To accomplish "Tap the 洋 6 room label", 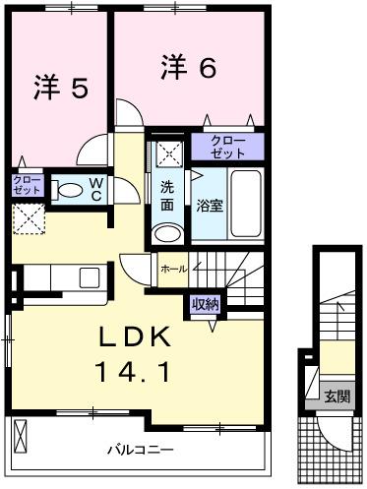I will click(187, 67).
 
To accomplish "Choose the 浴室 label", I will click(209, 207).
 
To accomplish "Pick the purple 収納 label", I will click(206, 304).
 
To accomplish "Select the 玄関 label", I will click(336, 397).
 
